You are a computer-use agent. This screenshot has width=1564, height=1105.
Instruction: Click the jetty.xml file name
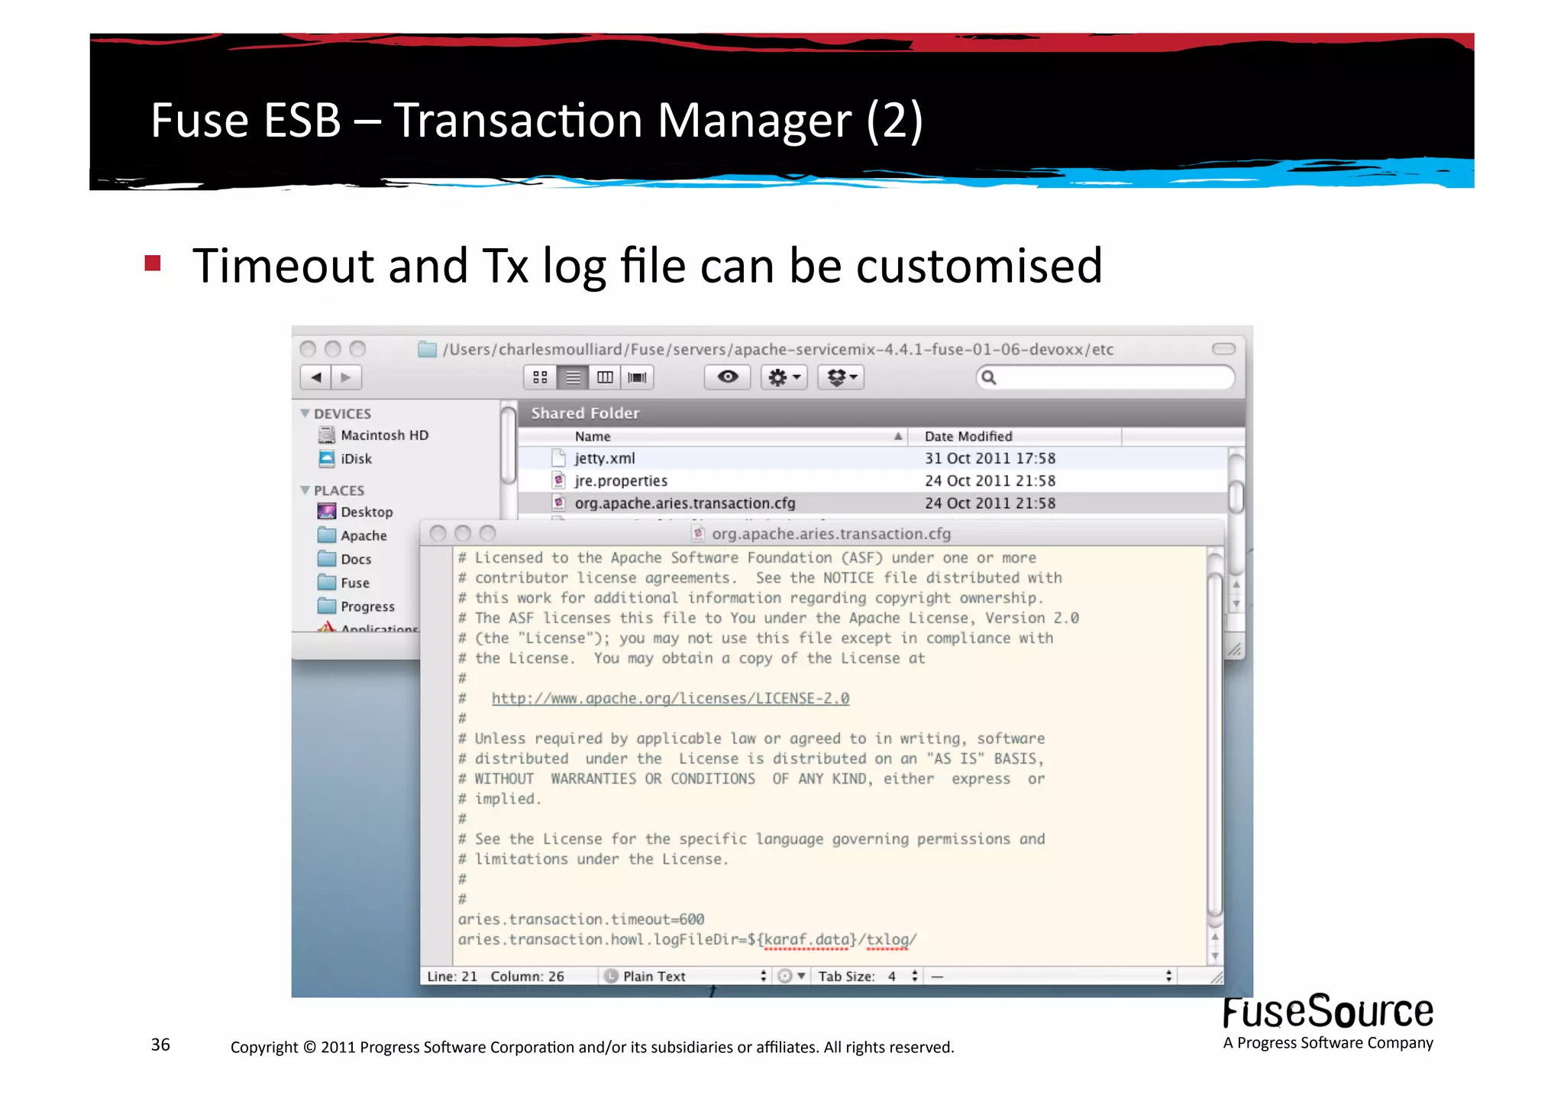tap(604, 458)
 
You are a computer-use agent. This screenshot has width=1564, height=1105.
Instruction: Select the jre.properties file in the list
tap(620, 481)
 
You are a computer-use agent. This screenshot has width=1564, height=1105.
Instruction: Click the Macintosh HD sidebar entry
tap(384, 435)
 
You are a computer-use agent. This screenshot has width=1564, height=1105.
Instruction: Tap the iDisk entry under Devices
tap(356, 459)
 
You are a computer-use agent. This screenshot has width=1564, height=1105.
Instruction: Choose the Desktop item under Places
tap(367, 512)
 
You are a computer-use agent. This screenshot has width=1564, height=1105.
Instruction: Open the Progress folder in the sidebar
tap(367, 607)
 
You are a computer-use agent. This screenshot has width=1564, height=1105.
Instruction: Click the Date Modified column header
tap(968, 437)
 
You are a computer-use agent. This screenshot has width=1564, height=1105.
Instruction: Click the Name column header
tap(593, 437)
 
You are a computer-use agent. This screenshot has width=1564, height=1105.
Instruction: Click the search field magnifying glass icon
tap(988, 377)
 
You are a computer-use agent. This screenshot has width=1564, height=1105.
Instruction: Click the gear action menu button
tap(784, 377)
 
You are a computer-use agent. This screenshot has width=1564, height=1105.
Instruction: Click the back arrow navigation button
tap(316, 377)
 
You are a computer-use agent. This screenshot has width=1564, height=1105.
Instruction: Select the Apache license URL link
tap(670, 699)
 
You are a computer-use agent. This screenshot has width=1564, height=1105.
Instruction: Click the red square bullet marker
tap(153, 263)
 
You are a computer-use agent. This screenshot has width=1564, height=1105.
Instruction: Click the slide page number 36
tap(160, 1045)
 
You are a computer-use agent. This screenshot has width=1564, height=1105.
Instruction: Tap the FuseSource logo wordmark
tap(1327, 1013)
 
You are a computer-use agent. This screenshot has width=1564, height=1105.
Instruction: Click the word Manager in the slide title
tap(754, 121)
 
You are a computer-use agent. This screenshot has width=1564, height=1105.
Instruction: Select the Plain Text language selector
tap(654, 977)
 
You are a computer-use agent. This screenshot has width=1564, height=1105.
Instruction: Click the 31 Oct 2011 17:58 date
tap(990, 458)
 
